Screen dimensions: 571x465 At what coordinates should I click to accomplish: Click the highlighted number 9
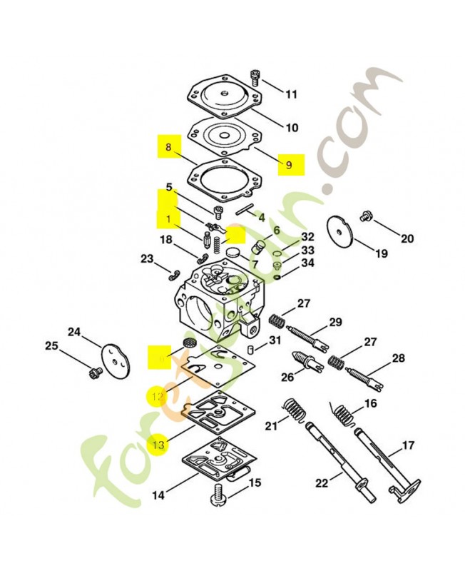click(289, 165)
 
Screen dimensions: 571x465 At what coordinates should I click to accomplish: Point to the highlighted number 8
click(168, 148)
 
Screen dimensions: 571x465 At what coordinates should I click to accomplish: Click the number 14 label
click(158, 494)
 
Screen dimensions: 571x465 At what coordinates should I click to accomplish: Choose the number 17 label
click(408, 445)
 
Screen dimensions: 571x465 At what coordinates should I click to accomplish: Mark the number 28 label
click(398, 358)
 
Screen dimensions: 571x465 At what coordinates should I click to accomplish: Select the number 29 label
click(335, 322)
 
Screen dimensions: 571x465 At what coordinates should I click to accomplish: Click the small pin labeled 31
click(252, 349)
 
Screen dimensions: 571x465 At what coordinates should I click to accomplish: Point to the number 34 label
click(307, 263)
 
